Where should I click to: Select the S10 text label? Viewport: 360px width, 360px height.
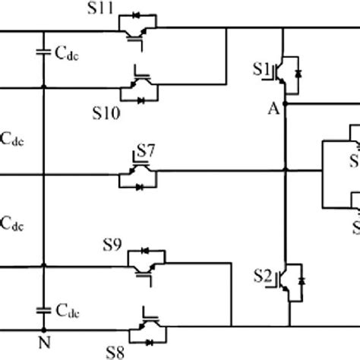[106, 115]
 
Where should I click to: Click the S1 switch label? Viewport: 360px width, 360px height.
[261, 69]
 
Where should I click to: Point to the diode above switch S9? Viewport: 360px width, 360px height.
[145, 250]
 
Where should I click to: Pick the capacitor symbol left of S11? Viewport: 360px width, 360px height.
[44, 52]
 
